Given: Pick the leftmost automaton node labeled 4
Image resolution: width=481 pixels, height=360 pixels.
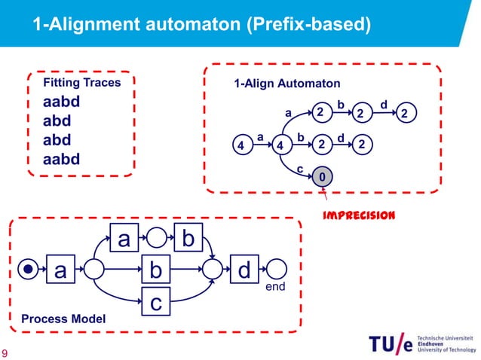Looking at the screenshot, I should click(240, 145).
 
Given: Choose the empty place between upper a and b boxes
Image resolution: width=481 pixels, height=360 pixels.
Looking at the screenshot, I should click(155, 239).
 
